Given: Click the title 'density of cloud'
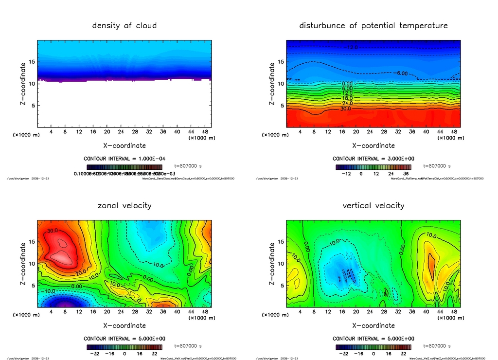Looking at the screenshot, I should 124,25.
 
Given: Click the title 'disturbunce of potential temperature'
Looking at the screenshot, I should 373,25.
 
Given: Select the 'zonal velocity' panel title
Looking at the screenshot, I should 124,205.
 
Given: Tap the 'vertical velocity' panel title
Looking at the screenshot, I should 373,205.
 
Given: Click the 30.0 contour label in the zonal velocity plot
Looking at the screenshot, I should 53,230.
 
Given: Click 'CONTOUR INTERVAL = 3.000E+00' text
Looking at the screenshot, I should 373,159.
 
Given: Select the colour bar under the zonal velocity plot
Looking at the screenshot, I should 124,347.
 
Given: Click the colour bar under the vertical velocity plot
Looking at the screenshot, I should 373,347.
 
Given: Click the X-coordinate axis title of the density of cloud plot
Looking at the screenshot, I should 124,145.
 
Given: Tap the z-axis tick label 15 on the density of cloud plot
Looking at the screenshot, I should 32,62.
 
